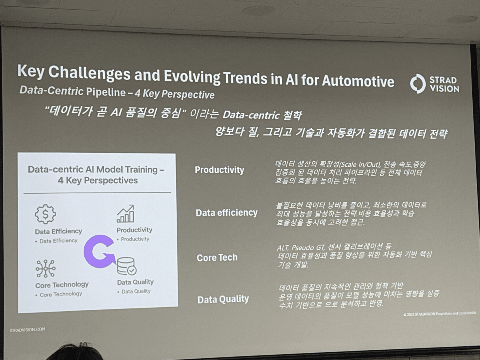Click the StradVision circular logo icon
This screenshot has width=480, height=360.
coord(418,83)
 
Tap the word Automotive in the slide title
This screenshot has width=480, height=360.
coord(358,81)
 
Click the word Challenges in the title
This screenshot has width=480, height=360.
coord(89,72)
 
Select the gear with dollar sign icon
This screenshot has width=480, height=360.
coord(45,214)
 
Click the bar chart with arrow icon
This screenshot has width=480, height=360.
coord(125,214)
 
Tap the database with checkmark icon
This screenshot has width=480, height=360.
coord(127,266)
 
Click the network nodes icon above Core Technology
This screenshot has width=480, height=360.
coord(46,268)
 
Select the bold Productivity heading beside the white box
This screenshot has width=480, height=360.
coord(219,170)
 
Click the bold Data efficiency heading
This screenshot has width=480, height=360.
coord(227,213)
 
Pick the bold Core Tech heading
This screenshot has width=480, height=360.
coord(217,258)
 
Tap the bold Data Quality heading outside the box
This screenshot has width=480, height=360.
coord(223,299)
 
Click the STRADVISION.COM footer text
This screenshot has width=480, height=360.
coord(27,330)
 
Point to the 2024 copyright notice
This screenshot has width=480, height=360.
coord(440,314)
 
